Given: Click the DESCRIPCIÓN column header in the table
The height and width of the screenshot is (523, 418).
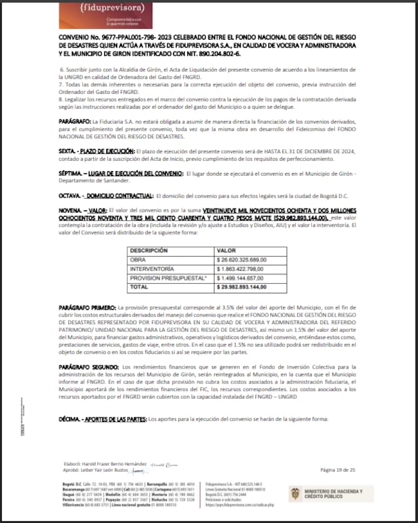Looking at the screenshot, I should tap(153, 250).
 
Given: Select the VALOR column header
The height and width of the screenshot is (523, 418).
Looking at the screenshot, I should tap(227, 250).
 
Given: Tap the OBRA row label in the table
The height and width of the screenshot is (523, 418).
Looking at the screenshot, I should tap(140, 260).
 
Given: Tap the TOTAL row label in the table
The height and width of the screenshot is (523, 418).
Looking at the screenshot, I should tap(140, 286).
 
